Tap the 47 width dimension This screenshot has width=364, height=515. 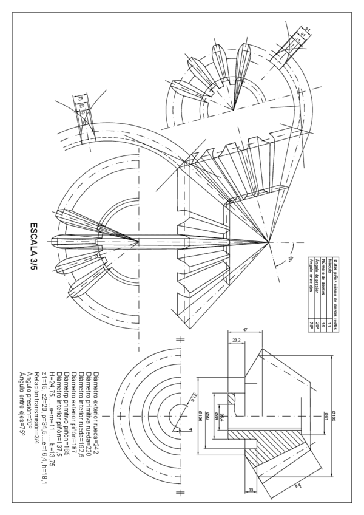tap(244, 329)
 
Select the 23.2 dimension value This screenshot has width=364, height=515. tap(237, 340)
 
